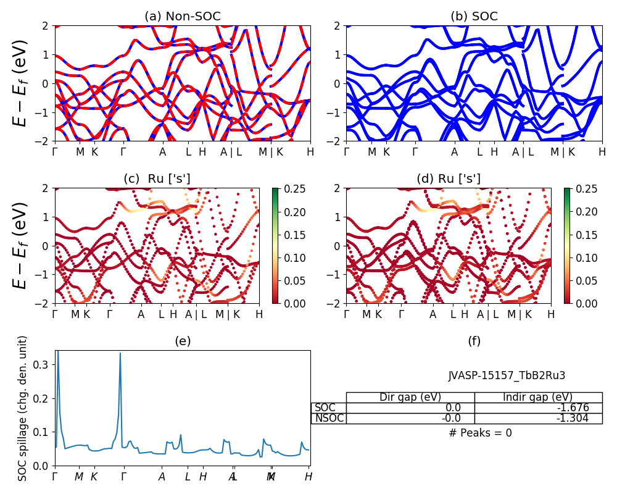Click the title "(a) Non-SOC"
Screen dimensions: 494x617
pyautogui.click(x=182, y=17)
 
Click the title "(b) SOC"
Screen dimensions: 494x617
pyautogui.click(x=474, y=17)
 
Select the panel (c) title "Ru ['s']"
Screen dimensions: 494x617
pyautogui.click(x=157, y=179)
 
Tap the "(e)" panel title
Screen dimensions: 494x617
pyautogui.click(x=182, y=341)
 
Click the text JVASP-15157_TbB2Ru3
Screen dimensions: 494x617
pyautogui.click(x=507, y=375)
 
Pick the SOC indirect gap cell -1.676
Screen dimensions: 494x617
pyautogui.click(x=538, y=408)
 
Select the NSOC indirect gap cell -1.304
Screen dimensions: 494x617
pyautogui.click(x=538, y=418)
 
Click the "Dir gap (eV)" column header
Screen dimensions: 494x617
pyautogui.click(x=410, y=397)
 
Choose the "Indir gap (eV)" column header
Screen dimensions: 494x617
pyautogui.click(x=538, y=397)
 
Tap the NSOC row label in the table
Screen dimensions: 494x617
pyautogui.click(x=329, y=418)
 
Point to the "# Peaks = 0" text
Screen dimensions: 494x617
pyautogui.click(x=481, y=433)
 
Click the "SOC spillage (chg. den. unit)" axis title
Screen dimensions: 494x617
pyautogui.click(x=23, y=408)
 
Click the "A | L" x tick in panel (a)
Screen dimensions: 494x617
pyautogui.click(x=231, y=152)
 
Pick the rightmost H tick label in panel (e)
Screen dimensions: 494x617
pyautogui.click(x=308, y=477)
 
